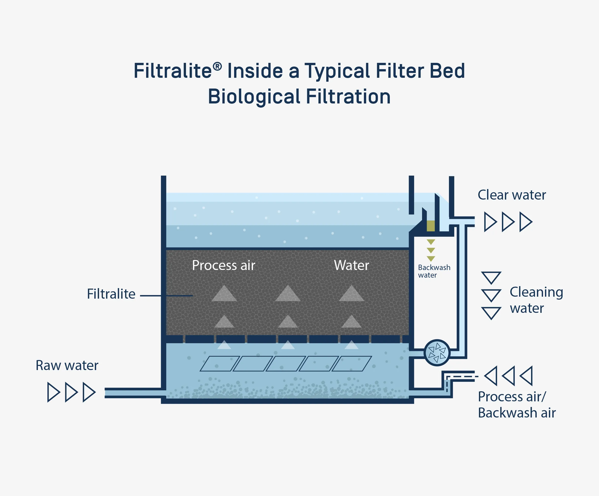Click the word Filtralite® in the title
(177, 71)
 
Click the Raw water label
(67, 365)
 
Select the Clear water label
(512, 195)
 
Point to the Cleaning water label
(536, 300)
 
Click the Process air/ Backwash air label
(517, 405)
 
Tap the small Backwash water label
(434, 271)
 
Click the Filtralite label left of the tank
(111, 294)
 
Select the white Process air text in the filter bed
(223, 265)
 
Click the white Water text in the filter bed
(351, 265)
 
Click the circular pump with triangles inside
(437, 353)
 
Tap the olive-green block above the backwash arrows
(431, 226)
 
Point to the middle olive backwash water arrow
(431, 250)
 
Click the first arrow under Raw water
(53, 392)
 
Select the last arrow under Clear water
(525, 222)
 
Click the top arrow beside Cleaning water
(491, 277)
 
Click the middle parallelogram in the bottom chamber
(286, 364)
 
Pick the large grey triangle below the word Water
(351, 294)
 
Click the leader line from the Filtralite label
(166, 296)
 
